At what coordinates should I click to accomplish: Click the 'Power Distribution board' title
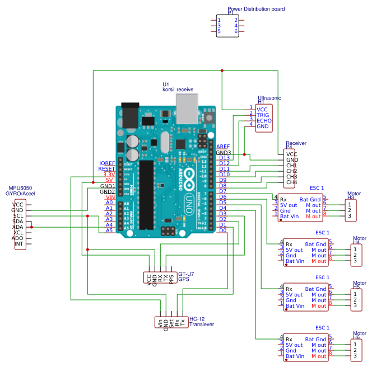[256, 9]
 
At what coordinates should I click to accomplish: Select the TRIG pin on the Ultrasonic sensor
[263, 115]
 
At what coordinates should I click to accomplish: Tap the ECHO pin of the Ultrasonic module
[264, 120]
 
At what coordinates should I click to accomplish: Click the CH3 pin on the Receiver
[291, 177]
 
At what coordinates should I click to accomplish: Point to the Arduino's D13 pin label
[224, 158]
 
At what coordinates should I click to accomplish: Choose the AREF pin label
[222, 146]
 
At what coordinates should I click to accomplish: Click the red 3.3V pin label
[109, 174]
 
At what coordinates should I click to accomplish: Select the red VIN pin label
[110, 197]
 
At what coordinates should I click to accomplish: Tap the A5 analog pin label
[109, 230]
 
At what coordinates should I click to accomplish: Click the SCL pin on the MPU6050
[18, 216]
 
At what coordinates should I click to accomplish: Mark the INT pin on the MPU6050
[18, 244]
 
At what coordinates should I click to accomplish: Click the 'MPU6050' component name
[20, 188]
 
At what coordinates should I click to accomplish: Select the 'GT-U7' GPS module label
[186, 274]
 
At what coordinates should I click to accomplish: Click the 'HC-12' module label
[197, 318]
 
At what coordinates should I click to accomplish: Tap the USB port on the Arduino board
[187, 107]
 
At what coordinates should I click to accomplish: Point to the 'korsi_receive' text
[178, 90]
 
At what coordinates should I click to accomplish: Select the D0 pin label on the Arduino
[222, 230]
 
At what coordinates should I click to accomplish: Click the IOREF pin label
[106, 163]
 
